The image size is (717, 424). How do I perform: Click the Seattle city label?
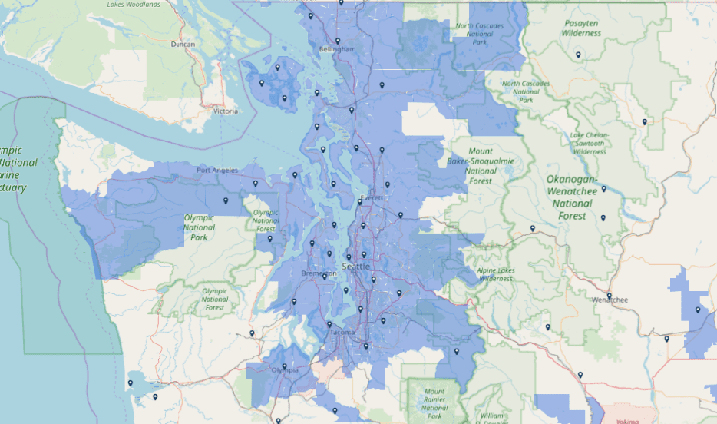coord(355,267)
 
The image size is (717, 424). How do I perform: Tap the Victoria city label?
coord(226,111)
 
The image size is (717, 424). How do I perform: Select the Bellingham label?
coord(337,49)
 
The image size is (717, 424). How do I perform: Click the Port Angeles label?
coord(217,171)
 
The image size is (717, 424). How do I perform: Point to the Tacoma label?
coord(341,333)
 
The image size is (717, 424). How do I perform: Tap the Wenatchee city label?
coord(610,300)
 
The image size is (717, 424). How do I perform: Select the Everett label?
coord(372,197)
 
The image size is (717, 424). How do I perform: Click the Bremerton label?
coord(319,274)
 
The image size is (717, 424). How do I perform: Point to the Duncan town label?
coord(183,44)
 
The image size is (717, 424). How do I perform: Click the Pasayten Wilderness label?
coord(580,28)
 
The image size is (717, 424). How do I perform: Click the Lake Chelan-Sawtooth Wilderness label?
coord(589,143)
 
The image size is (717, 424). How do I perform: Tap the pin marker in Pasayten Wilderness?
coord(577,55)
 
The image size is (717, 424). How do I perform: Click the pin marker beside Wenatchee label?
coord(609,295)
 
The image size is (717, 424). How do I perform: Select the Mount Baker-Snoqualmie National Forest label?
coord(481,166)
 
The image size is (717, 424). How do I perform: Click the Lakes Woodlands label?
coord(134,5)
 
